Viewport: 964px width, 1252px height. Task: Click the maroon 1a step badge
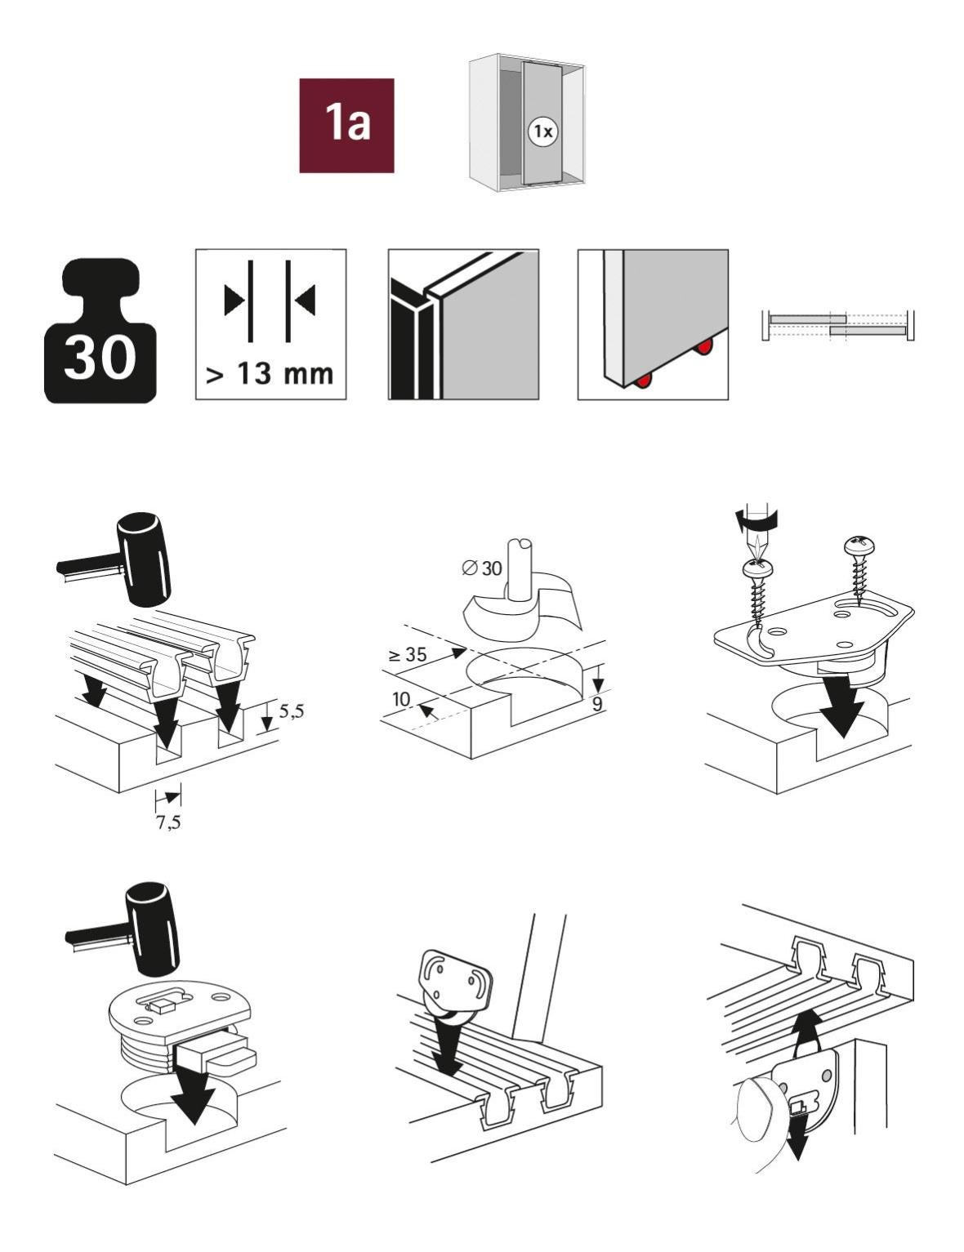pos(346,125)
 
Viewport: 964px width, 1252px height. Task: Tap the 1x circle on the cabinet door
pos(542,131)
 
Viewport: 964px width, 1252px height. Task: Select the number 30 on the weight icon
pos(100,358)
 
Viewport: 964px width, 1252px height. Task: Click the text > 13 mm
pos(270,373)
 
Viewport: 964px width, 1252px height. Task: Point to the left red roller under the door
pos(645,380)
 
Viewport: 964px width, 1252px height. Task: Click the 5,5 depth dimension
pos(291,711)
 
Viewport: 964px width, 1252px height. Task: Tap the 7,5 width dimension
pos(168,822)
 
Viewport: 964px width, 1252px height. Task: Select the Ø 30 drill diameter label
pos(482,568)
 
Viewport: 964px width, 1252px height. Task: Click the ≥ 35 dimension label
pos(407,654)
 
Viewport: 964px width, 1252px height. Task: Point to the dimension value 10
pos(400,699)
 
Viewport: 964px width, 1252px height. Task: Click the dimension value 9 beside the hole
pos(597,702)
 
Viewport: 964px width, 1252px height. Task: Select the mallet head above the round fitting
pos(152,929)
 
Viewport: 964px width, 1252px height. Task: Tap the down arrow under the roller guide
pos(446,1049)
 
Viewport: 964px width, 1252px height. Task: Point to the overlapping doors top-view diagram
pos(838,324)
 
